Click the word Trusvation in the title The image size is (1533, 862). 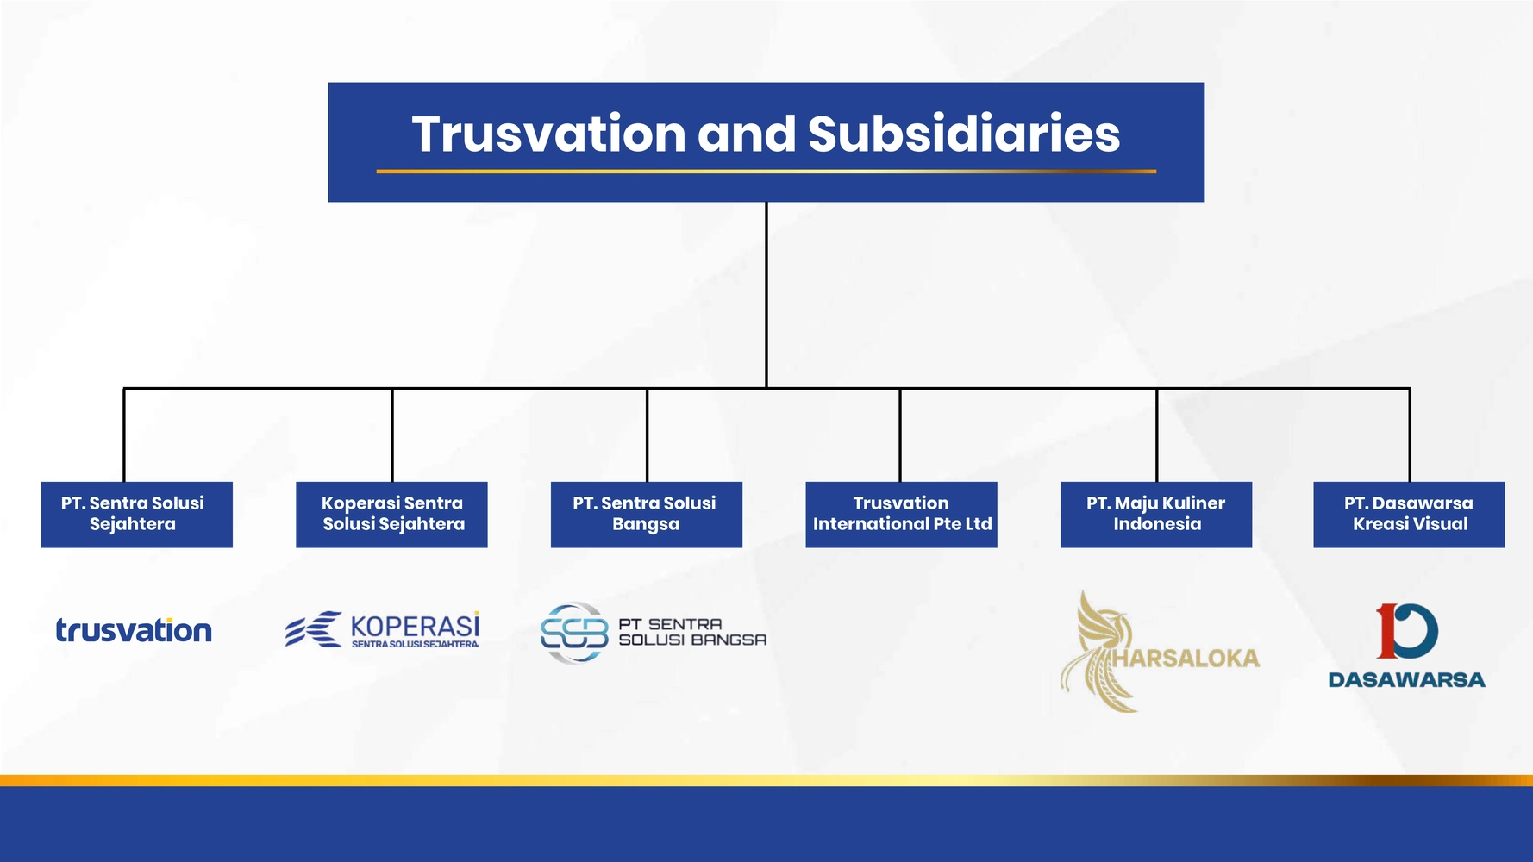tap(549, 134)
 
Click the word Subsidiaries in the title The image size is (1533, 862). tap(964, 134)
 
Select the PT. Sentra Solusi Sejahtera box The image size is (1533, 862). tap(137, 515)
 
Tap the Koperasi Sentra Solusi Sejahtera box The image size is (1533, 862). tap(391, 515)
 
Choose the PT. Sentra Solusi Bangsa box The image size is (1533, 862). tap(647, 515)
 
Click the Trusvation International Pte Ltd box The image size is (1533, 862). tap(901, 515)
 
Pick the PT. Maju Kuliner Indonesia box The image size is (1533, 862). tap(1156, 515)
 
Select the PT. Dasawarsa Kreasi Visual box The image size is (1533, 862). tap(1409, 515)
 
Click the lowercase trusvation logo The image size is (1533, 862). tap(134, 630)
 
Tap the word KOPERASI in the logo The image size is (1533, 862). tap(415, 626)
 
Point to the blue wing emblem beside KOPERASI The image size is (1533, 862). tap(314, 629)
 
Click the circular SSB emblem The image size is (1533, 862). tap(574, 633)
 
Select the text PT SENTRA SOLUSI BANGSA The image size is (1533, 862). tap(692, 632)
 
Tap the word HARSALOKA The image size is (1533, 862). tap(1186, 659)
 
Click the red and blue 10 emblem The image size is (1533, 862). tap(1407, 631)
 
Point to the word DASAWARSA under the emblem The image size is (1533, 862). tap(1407, 680)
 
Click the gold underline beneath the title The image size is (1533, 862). tap(766, 172)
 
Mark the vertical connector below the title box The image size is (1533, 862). tap(766, 295)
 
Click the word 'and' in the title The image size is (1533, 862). tap(747, 134)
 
